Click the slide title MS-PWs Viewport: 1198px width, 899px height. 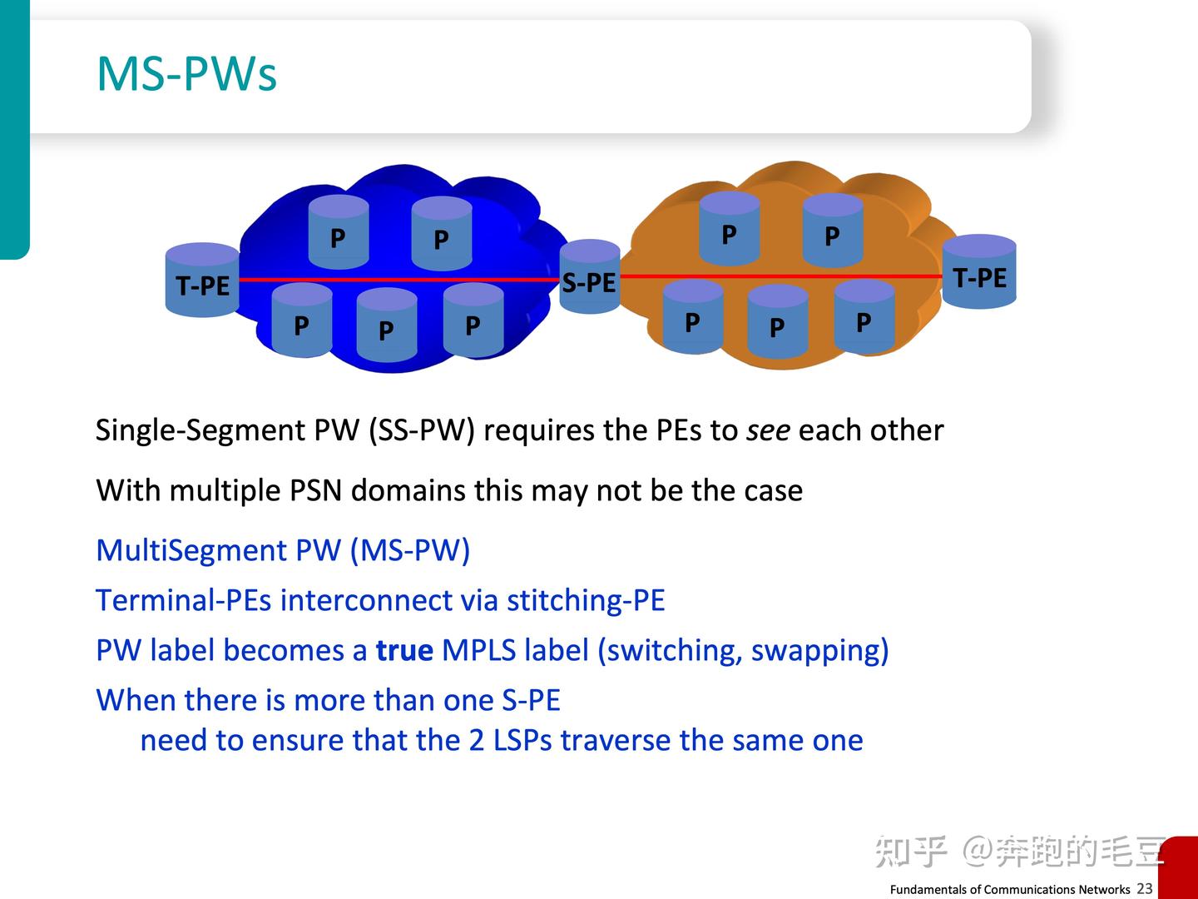click(x=186, y=73)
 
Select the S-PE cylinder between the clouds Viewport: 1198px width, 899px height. click(x=589, y=277)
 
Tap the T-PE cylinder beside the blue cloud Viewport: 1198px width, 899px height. click(x=202, y=281)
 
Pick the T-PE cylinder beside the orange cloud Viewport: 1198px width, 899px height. click(x=979, y=272)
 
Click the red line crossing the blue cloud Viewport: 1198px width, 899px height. click(x=399, y=280)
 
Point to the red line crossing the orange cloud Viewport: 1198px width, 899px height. click(x=782, y=276)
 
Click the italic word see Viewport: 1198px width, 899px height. click(x=767, y=430)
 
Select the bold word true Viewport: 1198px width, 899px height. click(x=404, y=650)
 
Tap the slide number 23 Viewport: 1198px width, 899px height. click(x=1145, y=888)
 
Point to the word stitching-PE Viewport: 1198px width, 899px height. click(x=586, y=600)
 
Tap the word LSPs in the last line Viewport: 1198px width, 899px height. click(x=522, y=740)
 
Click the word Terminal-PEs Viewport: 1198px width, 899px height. click(x=183, y=600)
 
